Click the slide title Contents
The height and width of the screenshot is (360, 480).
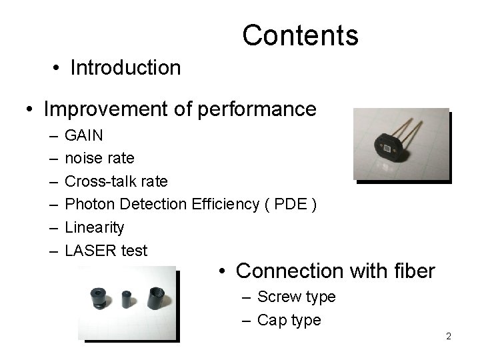click(300, 35)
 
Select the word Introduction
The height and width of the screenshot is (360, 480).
click(125, 68)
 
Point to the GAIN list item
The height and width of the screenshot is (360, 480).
click(84, 135)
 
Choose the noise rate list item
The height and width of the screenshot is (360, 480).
click(99, 158)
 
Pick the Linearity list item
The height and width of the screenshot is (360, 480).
click(94, 227)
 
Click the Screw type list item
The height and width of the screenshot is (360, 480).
click(296, 297)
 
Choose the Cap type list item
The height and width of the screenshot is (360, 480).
click(289, 320)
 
